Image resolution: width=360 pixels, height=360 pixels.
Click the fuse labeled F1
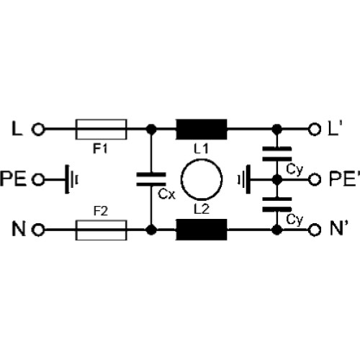tap(101, 130)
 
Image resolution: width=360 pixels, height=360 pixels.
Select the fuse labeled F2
tap(101, 230)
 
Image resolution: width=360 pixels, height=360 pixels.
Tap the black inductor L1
tap(202, 130)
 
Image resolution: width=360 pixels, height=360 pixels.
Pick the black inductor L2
tap(202, 230)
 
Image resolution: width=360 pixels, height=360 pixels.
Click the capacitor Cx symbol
tap(151, 179)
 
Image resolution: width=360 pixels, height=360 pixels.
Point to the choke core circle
tap(181, 179)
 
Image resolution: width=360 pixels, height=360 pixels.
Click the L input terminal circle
tap(38, 130)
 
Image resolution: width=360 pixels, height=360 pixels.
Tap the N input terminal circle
tap(38, 230)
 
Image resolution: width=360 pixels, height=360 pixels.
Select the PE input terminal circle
tap(38, 179)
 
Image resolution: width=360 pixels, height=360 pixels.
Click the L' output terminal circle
tap(315, 130)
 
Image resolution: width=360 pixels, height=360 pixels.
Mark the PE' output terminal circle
tap(315, 179)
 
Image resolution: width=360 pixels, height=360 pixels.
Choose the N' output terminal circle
tap(315, 230)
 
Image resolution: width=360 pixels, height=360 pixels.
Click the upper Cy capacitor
tap(277, 154)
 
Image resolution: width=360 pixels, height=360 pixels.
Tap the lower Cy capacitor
tap(277, 204)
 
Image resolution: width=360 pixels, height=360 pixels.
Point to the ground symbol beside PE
tap(71, 179)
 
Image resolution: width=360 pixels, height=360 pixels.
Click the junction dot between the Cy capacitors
tap(277, 179)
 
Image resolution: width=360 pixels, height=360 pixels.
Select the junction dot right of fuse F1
tap(151, 130)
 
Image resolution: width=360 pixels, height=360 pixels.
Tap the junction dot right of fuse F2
tap(151, 230)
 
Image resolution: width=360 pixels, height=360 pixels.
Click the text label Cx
tap(167, 194)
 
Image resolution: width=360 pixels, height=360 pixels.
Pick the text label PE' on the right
tap(345, 179)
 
